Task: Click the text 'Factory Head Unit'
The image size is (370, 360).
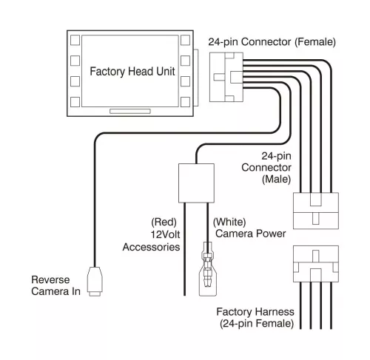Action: (x=132, y=72)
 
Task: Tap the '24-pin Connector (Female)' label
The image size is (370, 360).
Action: (x=272, y=42)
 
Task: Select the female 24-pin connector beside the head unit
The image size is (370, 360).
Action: (x=226, y=77)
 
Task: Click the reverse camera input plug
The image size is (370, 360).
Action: (x=95, y=282)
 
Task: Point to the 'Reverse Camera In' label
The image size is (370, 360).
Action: (x=55, y=285)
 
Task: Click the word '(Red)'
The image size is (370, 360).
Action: (x=164, y=222)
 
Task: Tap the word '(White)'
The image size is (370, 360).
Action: (x=229, y=222)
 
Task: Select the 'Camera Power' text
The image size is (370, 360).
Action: (x=251, y=234)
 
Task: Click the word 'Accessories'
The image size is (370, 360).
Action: (x=151, y=247)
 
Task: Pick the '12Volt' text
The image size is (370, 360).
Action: (x=165, y=234)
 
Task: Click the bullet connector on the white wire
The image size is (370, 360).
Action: (x=208, y=269)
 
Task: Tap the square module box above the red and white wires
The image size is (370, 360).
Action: (x=196, y=183)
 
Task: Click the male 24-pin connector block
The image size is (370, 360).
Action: (x=316, y=211)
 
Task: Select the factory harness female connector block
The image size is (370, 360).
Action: (x=316, y=264)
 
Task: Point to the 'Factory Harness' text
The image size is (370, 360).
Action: (x=255, y=312)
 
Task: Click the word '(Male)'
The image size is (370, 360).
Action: (x=276, y=179)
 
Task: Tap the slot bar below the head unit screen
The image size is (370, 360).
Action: (x=130, y=112)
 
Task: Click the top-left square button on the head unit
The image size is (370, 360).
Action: (x=75, y=40)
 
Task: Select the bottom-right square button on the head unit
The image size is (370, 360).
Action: (x=185, y=102)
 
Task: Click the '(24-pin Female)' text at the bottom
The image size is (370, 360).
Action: (x=257, y=324)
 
